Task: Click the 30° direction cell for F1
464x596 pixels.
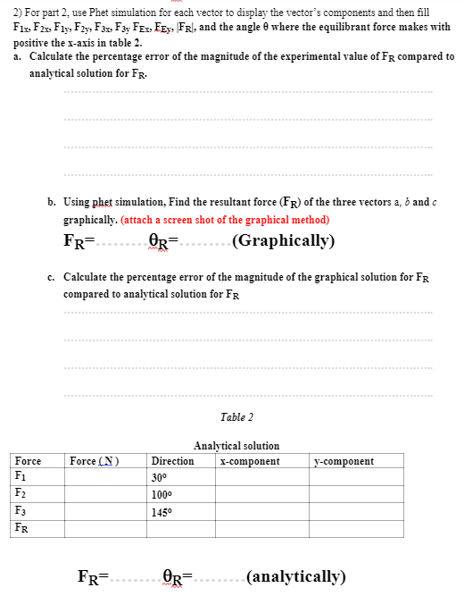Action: tap(160, 477)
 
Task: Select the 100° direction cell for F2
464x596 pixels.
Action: tap(162, 494)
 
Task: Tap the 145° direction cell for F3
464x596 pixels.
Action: tap(162, 511)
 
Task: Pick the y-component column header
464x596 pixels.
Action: tap(344, 461)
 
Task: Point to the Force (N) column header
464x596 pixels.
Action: tap(94, 461)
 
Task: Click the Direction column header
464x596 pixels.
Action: tap(173, 461)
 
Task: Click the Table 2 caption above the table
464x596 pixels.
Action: tap(236, 417)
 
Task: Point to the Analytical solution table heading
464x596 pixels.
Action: tap(236, 445)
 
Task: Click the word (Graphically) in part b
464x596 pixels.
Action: tap(283, 240)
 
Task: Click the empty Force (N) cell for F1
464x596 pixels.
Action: tap(107, 477)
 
